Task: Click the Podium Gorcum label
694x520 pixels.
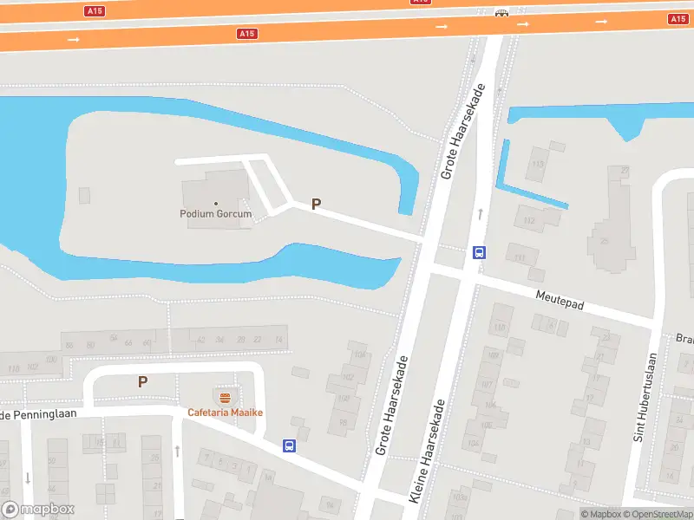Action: pos(216,214)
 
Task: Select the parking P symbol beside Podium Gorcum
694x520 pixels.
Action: pos(317,205)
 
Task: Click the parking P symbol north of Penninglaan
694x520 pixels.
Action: pos(143,381)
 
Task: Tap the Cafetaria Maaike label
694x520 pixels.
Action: pos(225,413)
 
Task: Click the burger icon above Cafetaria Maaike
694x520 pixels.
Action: pos(226,399)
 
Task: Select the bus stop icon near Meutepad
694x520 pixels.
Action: pos(479,253)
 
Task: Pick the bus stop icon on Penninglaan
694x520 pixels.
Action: pos(289,446)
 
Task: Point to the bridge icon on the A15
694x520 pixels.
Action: pos(501,13)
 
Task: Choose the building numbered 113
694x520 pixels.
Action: pos(539,163)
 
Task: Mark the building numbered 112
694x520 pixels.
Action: pos(529,221)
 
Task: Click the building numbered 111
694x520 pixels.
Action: pos(520,257)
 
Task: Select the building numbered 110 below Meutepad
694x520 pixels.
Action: pos(499,328)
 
